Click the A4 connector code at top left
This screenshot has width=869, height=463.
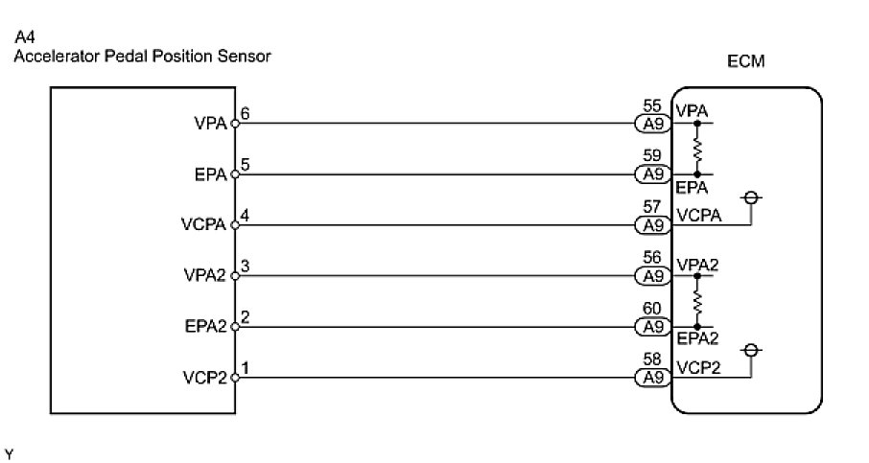(x=24, y=39)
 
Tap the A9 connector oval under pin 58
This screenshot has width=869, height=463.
(x=653, y=378)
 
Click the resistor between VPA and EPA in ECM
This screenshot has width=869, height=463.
(x=697, y=149)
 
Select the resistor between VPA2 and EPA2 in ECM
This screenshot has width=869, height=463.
(x=697, y=301)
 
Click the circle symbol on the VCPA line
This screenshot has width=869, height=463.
(x=751, y=198)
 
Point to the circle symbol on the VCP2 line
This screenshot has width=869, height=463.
(x=751, y=350)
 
